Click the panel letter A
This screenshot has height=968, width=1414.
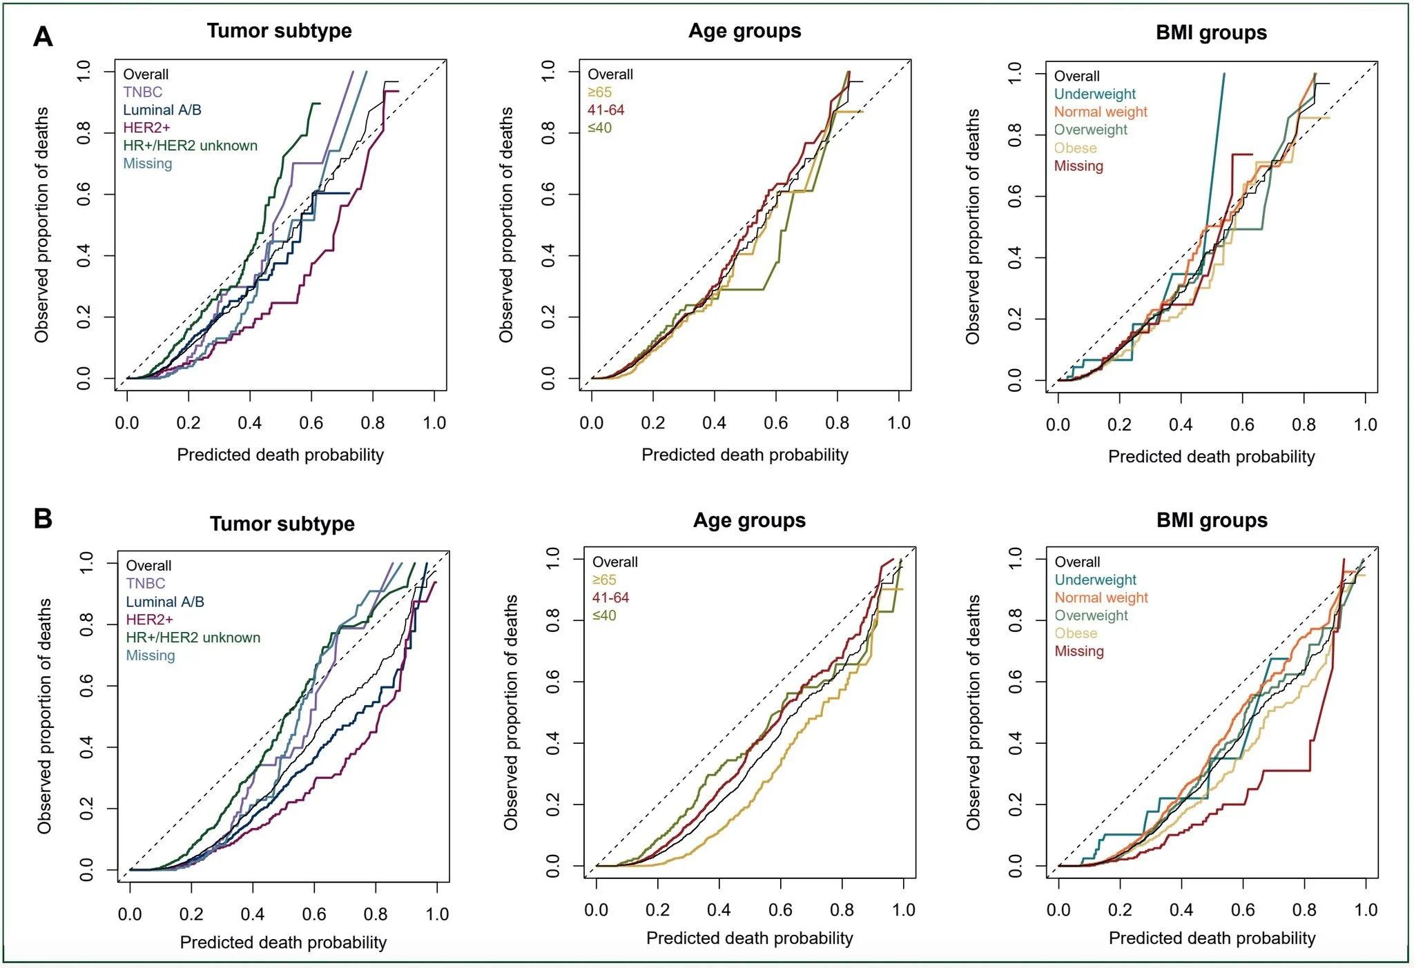click(43, 37)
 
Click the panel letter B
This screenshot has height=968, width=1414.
click(43, 518)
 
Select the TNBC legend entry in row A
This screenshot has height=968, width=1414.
click(143, 92)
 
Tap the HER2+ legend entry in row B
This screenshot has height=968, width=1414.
click(149, 620)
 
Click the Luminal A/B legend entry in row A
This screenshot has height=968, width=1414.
click(162, 110)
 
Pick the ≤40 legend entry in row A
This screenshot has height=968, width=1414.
click(599, 128)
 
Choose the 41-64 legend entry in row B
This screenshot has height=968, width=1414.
click(610, 597)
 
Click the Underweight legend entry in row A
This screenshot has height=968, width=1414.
click(1094, 94)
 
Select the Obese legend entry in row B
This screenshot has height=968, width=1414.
click(1075, 633)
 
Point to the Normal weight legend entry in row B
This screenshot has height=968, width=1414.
click(1101, 597)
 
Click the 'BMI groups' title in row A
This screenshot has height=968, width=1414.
click(1211, 33)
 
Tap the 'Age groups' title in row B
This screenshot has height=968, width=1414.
click(749, 520)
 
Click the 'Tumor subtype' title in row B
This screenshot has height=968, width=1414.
click(282, 524)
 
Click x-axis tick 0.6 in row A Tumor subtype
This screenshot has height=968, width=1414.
click(311, 423)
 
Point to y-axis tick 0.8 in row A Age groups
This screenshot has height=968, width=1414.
click(548, 133)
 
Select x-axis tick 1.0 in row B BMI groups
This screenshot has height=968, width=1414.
click(1366, 910)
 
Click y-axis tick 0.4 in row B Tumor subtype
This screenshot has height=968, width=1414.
click(86, 747)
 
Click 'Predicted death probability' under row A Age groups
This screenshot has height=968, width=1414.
click(744, 455)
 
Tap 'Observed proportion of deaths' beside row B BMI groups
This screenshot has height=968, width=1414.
click(973, 712)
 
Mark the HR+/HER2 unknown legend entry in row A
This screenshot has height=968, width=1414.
click(190, 146)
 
